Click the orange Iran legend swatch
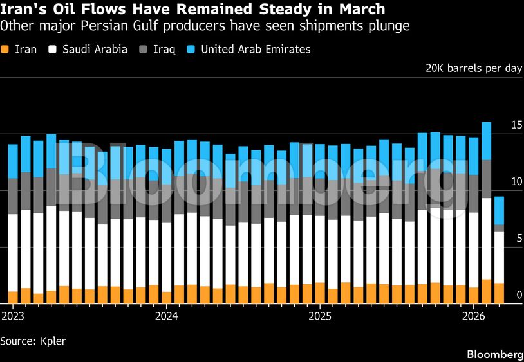tap(5, 50)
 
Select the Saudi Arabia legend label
tap(95, 50)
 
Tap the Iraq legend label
tap(164, 50)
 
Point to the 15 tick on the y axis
tap(516, 125)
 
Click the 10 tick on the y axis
tap(516, 182)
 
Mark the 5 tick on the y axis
tap(518, 239)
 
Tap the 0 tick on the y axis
tap(518, 295)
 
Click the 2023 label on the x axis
tap(13, 316)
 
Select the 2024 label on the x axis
tap(167, 316)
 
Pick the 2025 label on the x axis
tap(320, 316)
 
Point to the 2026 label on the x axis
tap(474, 316)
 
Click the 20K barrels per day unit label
tap(474, 69)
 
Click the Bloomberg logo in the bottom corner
tap(494, 354)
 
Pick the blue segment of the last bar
tap(499, 210)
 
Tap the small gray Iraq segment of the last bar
tap(499, 228)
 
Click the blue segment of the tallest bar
tap(487, 141)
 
